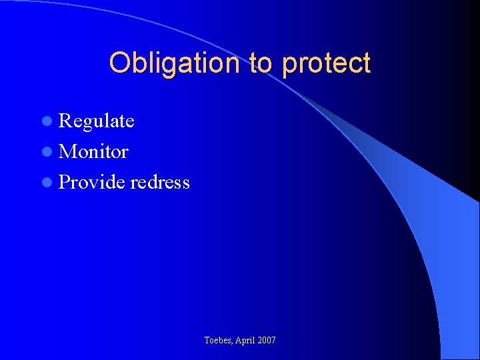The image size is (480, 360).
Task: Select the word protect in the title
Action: tap(326, 63)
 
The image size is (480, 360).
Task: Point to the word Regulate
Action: tap(97, 121)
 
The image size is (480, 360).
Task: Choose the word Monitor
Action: tap(93, 152)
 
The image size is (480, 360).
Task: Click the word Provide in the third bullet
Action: tap(92, 183)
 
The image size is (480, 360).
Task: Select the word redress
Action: tap(160, 183)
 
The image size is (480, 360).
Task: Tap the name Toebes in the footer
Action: tap(219, 341)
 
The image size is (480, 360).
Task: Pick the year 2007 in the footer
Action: tap(266, 341)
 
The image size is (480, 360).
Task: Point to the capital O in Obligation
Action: tap(119, 63)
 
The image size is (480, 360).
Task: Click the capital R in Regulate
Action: tap(65, 121)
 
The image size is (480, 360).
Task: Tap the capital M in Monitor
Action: tap(67, 152)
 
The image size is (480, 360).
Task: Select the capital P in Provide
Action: tap(64, 183)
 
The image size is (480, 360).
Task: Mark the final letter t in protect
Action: tap(366, 63)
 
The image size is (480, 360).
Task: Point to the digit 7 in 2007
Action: tap(273, 341)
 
